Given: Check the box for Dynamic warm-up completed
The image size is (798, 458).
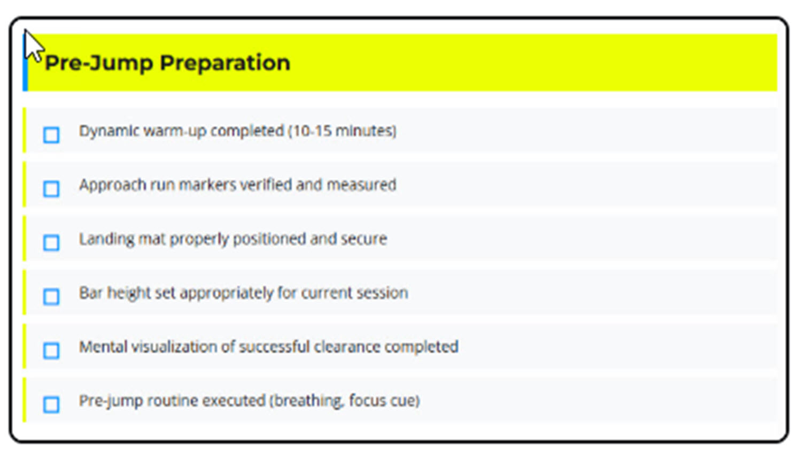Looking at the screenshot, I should [51, 135].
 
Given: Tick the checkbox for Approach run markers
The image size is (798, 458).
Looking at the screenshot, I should [51, 189].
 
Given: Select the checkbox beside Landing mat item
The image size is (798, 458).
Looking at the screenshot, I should [51, 243].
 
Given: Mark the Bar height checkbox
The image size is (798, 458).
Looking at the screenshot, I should [51, 296].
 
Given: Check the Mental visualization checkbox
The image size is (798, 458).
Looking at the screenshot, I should [51, 350].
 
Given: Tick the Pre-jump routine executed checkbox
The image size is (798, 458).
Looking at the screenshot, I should [51, 404].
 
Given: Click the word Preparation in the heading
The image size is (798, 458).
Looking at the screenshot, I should [225, 63].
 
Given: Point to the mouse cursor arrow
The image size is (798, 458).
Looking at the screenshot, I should [33, 45].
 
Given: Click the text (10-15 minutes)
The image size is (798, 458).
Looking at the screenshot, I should [342, 131].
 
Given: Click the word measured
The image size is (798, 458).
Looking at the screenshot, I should [361, 185].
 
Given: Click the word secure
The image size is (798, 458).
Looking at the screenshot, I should [367, 239].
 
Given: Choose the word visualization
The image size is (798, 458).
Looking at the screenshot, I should [174, 347].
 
